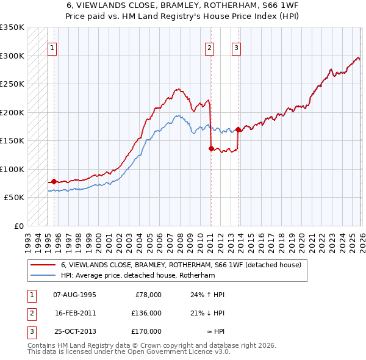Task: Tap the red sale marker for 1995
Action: coord(54,181)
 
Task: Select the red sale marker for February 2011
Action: coord(211,148)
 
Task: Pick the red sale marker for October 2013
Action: coord(238,129)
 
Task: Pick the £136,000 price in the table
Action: coord(146,313)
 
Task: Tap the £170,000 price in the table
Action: coord(146,331)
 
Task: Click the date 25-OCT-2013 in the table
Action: coord(74,331)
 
